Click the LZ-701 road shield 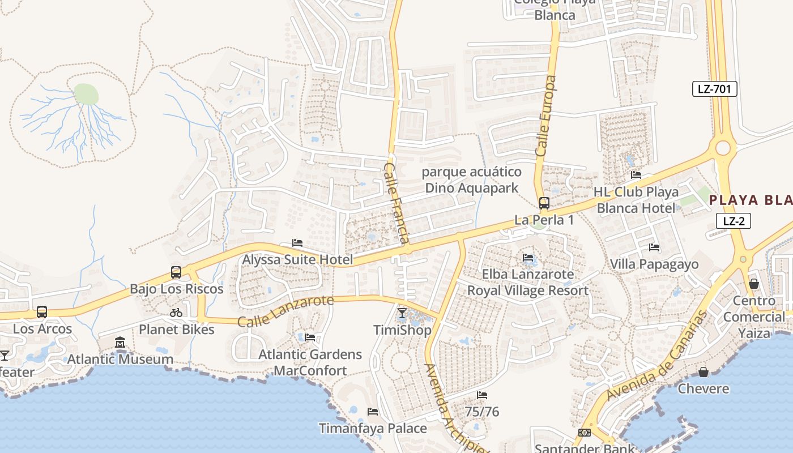[714, 88]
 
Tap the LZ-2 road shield [734, 221]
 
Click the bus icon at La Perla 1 [544, 203]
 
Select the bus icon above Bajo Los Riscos [176, 272]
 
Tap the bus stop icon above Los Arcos [42, 312]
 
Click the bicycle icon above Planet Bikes [176, 313]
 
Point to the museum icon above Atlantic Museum [120, 343]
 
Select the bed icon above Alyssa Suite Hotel [297, 243]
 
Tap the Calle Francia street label [396, 203]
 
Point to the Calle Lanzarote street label [285, 311]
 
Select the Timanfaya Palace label [373, 428]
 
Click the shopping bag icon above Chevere [703, 372]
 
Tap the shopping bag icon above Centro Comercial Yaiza [754, 283]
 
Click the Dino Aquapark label [472, 187]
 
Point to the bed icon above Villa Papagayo [654, 247]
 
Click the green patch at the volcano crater [86, 93]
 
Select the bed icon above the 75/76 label [482, 395]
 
